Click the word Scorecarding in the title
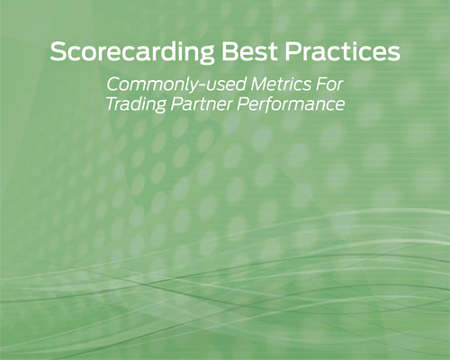pyautogui.click(x=132, y=53)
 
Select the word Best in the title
pyautogui.click(x=249, y=51)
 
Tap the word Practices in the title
pyautogui.click(x=343, y=51)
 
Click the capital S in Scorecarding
pyautogui.click(x=58, y=51)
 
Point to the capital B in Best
pyautogui.click(x=229, y=51)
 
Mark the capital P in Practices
pyautogui.click(x=292, y=51)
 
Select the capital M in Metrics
pyautogui.click(x=260, y=84)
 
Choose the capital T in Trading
pyautogui.click(x=114, y=103)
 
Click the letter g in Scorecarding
pyautogui.click(x=206, y=55)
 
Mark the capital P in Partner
pyautogui.click(x=177, y=103)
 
